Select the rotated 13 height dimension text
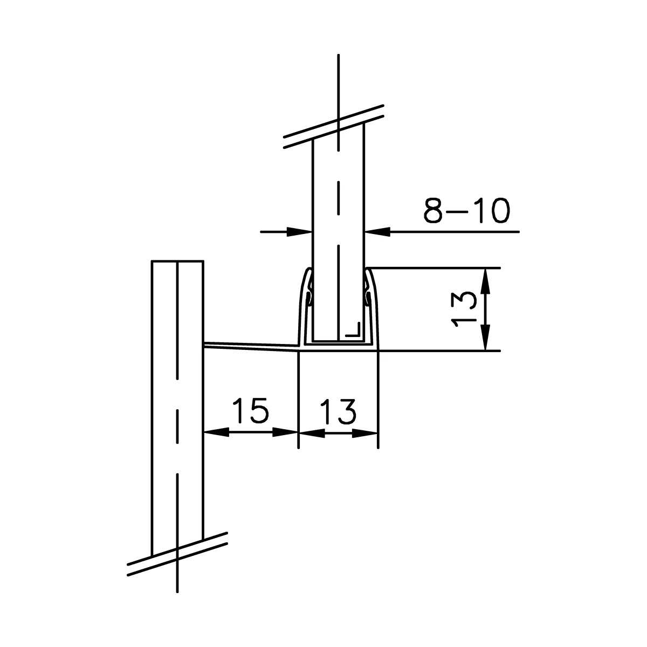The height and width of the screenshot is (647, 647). pos(463,309)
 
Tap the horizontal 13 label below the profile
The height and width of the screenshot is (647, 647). pos(338,412)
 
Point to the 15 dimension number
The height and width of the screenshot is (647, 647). pos(250,412)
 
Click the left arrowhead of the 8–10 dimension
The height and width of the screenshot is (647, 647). pos(300,232)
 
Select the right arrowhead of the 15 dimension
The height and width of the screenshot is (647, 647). pos(286,432)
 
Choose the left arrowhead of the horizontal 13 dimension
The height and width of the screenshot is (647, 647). pos(312,432)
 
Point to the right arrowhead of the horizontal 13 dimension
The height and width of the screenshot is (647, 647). pos(364,432)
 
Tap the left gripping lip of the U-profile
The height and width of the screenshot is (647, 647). pos(308,297)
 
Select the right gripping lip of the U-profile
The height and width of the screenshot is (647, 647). pos(368,297)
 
